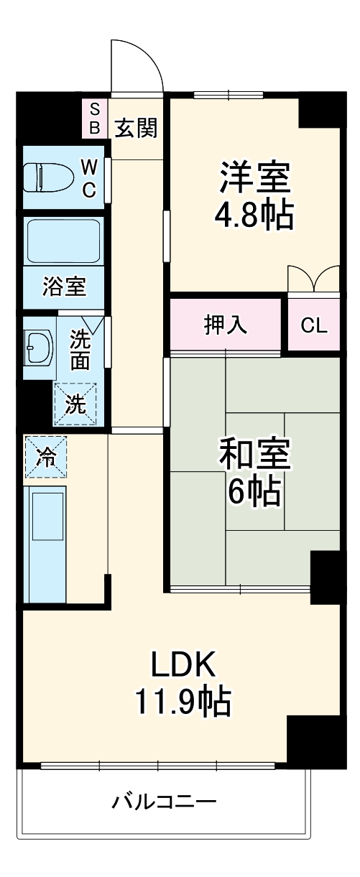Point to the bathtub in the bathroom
pos(63,241)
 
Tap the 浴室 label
pos(64,287)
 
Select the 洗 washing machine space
pos(75,404)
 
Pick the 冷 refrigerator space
pos(45,457)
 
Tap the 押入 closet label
pos(226,325)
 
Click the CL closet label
pos(313,325)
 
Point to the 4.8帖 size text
pos(255,215)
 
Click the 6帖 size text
pos(254,492)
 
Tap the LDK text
pos(183,664)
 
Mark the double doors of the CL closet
pos(313,279)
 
